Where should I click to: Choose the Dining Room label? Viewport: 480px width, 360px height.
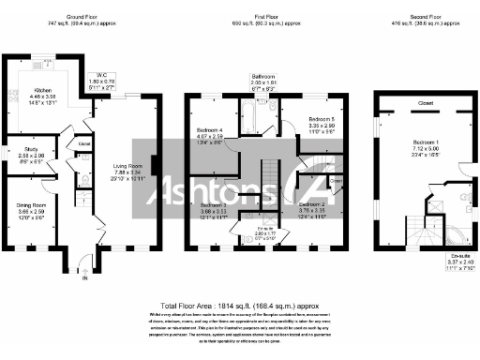tap(31, 205)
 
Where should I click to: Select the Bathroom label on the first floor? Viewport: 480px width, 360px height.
tap(262, 75)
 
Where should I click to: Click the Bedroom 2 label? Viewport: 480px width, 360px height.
tap(311, 204)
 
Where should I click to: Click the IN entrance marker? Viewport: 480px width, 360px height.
tap(84, 278)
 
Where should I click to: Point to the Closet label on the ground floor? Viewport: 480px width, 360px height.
tap(84, 144)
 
